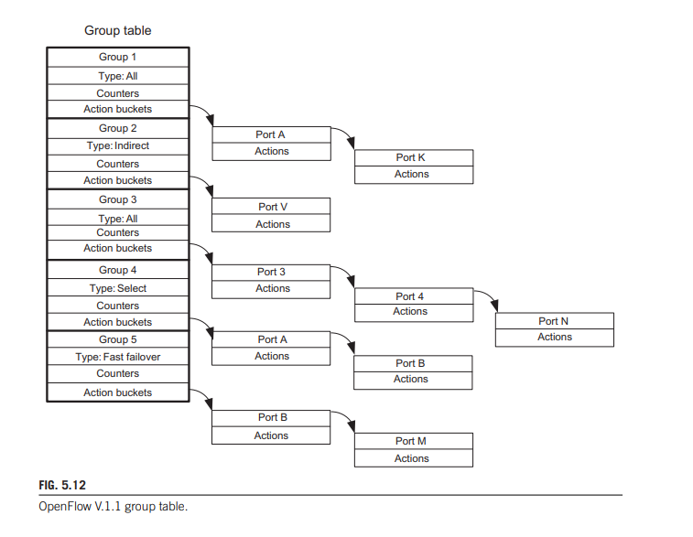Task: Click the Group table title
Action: click(x=118, y=30)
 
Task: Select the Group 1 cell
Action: click(x=118, y=57)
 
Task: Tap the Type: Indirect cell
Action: click(x=118, y=145)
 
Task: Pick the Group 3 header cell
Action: click(x=118, y=199)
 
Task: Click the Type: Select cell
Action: click(x=118, y=288)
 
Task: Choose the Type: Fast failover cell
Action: click(x=118, y=357)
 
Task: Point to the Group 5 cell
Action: click(x=118, y=339)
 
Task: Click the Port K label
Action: click(x=411, y=157)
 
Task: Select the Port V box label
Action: click(x=272, y=207)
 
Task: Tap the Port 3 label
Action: click(x=271, y=272)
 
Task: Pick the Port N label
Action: click(x=554, y=321)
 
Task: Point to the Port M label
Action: click(x=411, y=441)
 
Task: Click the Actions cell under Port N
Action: click(x=554, y=337)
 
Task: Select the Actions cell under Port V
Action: click(x=272, y=224)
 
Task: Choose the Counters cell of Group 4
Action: click(x=118, y=306)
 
